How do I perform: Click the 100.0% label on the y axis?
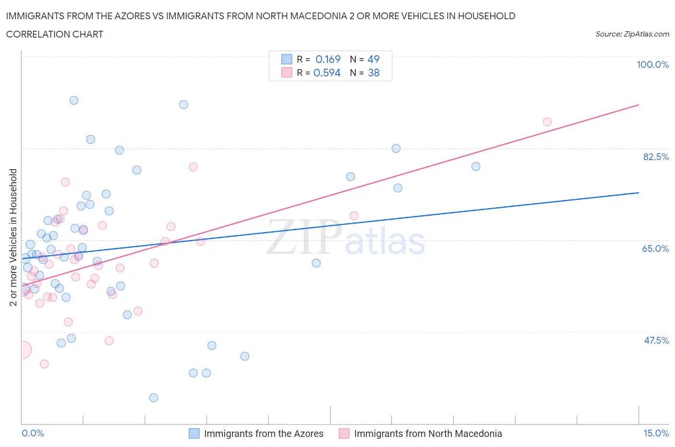(x=652, y=64)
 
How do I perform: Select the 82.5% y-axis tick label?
(x=655, y=157)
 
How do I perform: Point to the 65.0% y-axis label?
(x=655, y=248)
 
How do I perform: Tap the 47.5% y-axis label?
(x=656, y=340)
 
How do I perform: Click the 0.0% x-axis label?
(x=33, y=433)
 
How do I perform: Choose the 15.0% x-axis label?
(x=656, y=433)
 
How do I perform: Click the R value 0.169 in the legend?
(x=328, y=59)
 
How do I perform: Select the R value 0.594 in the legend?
(x=327, y=73)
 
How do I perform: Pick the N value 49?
(x=374, y=59)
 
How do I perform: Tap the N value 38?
(x=374, y=73)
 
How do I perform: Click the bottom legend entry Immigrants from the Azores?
(x=264, y=434)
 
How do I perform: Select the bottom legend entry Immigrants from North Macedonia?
(x=428, y=434)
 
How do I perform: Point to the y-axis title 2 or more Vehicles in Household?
(x=13, y=237)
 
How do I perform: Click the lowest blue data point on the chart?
(x=154, y=397)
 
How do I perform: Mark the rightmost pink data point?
(x=547, y=122)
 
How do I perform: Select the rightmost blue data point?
(x=476, y=166)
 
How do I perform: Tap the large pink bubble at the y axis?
(x=22, y=349)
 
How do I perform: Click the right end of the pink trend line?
(x=639, y=105)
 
